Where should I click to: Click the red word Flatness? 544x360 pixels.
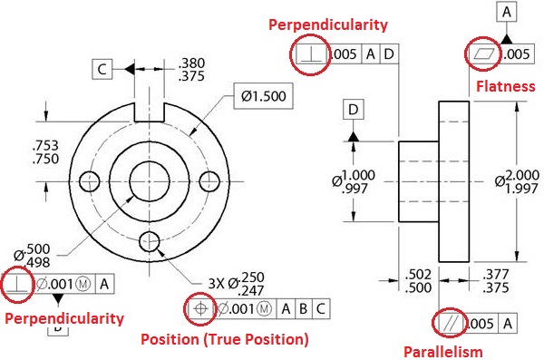(x=505, y=86)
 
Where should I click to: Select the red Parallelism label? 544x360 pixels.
(x=443, y=352)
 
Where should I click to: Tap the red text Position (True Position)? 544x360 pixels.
(x=225, y=339)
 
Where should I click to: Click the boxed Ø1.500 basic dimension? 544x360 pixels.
(x=263, y=96)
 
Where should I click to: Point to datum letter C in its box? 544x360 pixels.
(x=102, y=70)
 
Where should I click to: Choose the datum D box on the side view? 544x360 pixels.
(x=353, y=110)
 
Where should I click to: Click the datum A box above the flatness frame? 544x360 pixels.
(x=507, y=12)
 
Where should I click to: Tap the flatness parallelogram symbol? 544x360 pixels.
(x=483, y=54)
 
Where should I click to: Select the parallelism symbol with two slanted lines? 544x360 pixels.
(x=451, y=324)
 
